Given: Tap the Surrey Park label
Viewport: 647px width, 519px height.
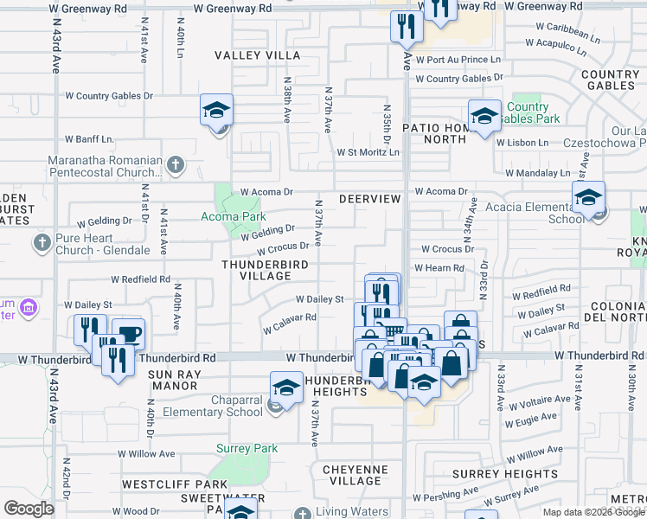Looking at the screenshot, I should (247, 449).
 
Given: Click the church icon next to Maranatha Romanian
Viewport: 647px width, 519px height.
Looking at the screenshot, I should (175, 163).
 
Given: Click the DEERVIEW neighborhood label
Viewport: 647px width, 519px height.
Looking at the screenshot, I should (369, 199).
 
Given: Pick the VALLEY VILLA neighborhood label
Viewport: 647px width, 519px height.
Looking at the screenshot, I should (258, 55).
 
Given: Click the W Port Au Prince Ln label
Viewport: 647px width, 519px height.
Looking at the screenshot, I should (458, 60).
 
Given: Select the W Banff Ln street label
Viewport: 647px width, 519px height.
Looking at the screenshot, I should (90, 138).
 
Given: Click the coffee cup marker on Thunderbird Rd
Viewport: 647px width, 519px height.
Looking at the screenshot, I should (129, 335).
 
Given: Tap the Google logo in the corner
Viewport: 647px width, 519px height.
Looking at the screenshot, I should (29, 508).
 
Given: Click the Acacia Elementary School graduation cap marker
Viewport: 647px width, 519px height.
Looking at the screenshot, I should (588, 198).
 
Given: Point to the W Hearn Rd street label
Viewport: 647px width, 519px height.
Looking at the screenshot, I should (439, 268).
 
